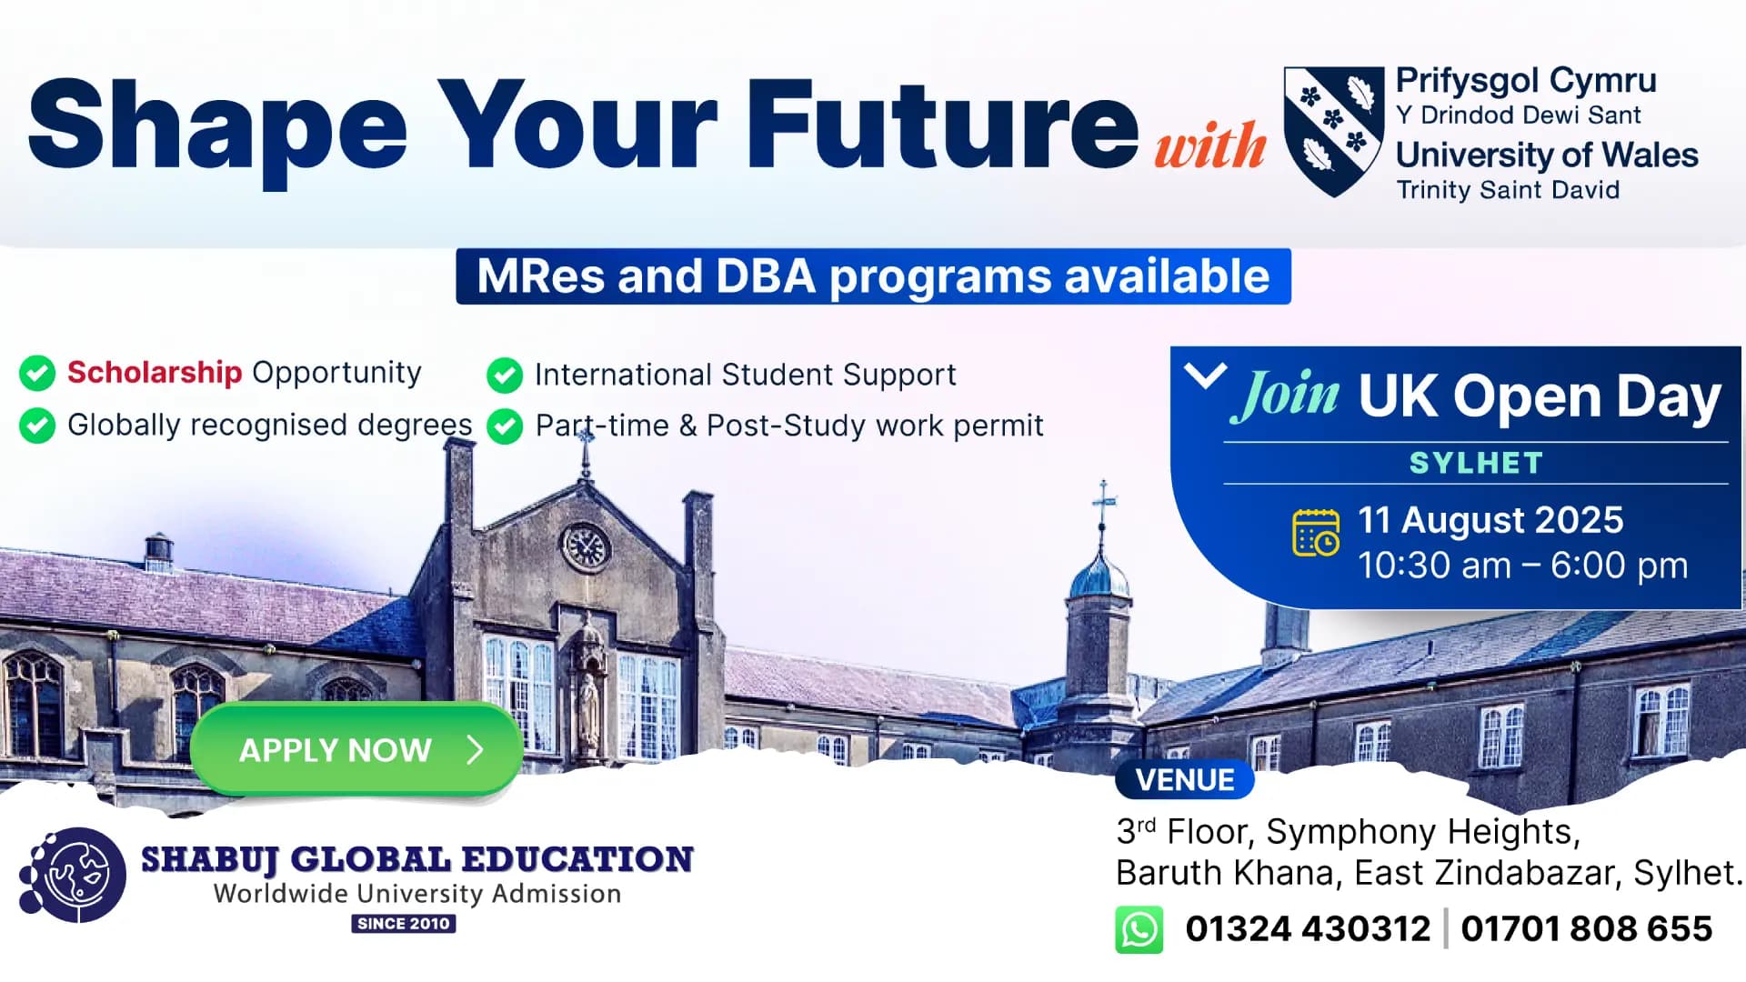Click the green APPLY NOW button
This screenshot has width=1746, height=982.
(356, 750)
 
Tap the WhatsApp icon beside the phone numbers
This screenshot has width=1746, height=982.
(1139, 929)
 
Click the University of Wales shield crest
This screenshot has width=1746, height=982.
(1333, 131)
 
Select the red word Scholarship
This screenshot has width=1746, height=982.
(155, 372)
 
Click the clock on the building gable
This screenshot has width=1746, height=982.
(585, 546)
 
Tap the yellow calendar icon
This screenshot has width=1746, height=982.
(1316, 532)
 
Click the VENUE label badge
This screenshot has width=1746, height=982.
(1184, 780)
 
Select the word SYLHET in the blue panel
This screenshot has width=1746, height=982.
(1476, 463)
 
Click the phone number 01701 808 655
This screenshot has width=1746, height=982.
(1586, 929)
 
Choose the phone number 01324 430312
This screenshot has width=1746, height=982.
(1308, 929)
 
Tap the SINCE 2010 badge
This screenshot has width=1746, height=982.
(404, 924)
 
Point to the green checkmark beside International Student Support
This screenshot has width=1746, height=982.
(505, 375)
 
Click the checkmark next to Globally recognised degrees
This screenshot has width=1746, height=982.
(37, 425)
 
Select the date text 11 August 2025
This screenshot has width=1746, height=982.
(1490, 520)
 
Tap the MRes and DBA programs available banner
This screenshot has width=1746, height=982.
(873, 276)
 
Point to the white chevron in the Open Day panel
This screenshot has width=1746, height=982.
(1206, 375)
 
